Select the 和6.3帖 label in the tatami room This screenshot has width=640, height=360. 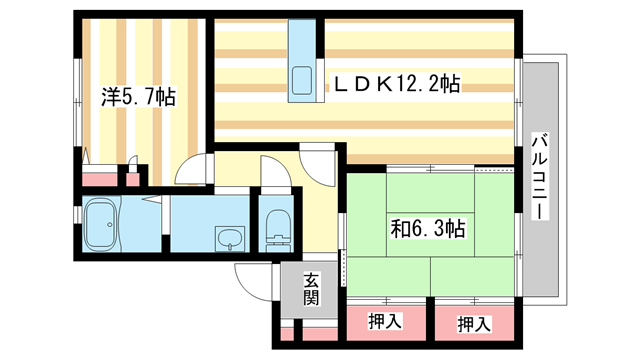pyautogui.click(x=428, y=227)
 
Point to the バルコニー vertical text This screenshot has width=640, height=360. pyautogui.click(x=539, y=179)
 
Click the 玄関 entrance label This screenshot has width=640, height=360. pyautogui.click(x=311, y=289)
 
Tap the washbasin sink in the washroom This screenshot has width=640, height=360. pyautogui.click(x=229, y=240)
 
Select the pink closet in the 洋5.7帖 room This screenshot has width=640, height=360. pyautogui.click(x=100, y=180)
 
